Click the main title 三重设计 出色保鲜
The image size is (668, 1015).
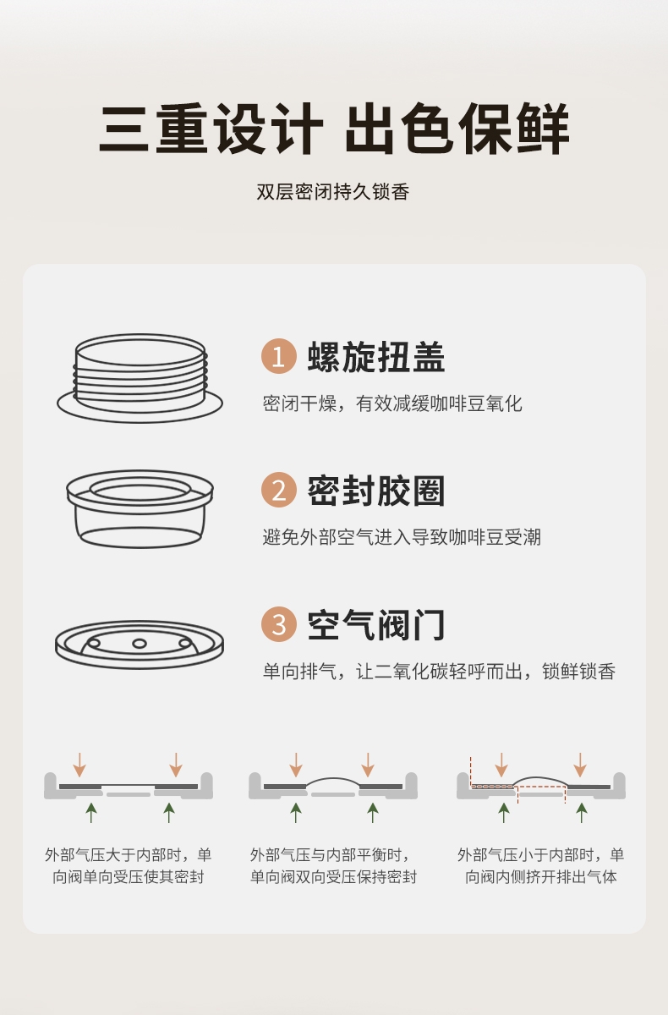coord(334,129)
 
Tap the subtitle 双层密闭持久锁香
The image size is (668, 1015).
coord(333,192)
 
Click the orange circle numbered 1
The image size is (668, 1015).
coord(279,356)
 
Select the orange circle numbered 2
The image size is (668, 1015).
coord(279,490)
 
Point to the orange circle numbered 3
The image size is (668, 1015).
coord(279,624)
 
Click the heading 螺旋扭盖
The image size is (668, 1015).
coord(376,357)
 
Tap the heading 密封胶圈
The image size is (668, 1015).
coord(376,491)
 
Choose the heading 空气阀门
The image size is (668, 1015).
coord(376,625)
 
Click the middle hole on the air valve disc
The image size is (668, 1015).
coord(139,644)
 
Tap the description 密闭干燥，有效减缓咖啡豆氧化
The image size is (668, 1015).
coord(392,403)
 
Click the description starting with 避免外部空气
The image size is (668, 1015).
coord(402,537)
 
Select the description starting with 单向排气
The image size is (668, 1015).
coord(439,671)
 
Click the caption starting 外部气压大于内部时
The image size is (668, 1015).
coord(129,866)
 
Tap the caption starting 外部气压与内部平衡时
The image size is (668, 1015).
coord(333,866)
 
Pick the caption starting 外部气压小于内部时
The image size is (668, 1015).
coord(540,866)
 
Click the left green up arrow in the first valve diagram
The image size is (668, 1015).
coord(91,813)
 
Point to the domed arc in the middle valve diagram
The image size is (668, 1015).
coord(333,778)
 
